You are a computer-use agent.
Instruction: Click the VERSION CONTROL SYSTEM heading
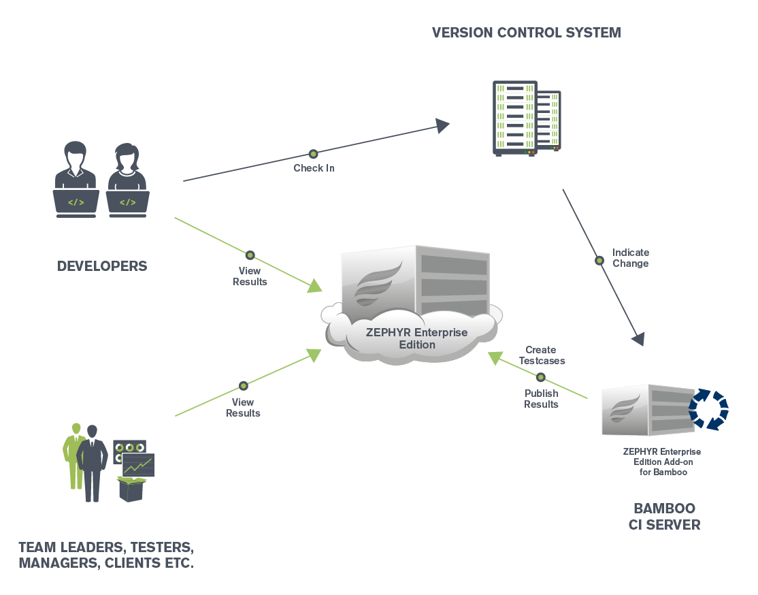click(526, 32)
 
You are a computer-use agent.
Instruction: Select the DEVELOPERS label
click(102, 266)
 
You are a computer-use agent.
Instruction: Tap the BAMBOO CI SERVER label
click(664, 517)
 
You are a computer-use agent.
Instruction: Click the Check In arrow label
click(314, 167)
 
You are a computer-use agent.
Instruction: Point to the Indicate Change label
click(630, 258)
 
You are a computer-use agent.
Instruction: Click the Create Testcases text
click(541, 355)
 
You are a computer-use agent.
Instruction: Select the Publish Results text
click(541, 399)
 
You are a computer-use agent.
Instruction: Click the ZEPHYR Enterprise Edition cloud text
click(416, 338)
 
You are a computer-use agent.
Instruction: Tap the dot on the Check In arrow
click(313, 154)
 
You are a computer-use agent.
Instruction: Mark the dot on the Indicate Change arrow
click(599, 260)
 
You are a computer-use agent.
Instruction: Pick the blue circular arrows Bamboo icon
click(708, 410)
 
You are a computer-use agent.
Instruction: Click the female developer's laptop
click(127, 203)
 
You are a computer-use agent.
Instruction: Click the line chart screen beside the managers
click(138, 465)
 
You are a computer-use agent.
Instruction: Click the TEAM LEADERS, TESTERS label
click(106, 547)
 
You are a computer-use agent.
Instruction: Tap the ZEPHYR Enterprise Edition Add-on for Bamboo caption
click(661, 462)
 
